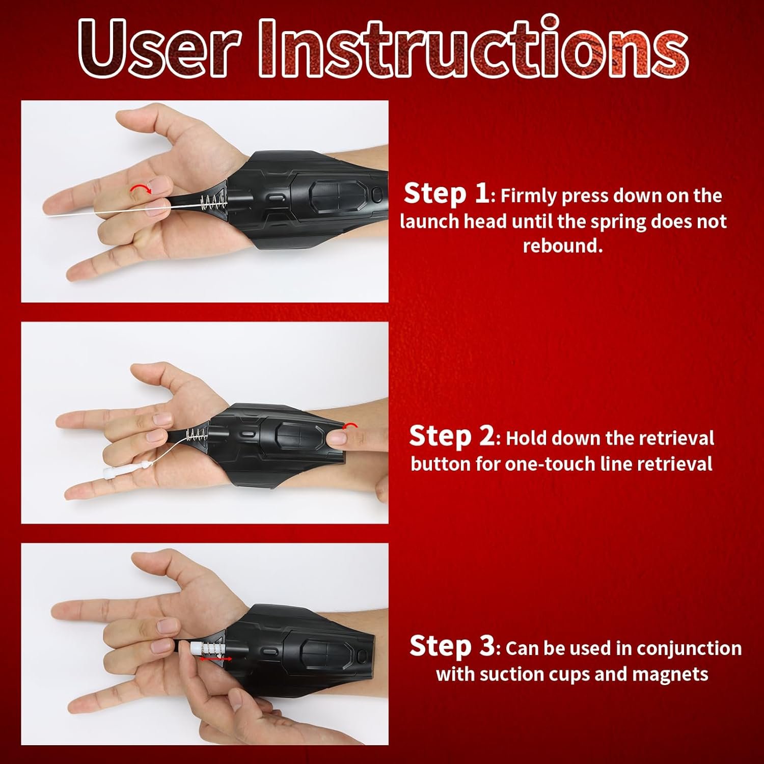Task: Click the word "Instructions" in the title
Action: tap(473, 48)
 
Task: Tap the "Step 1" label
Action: tap(446, 194)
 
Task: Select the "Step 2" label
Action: tap(451, 436)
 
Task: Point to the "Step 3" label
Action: tap(452, 646)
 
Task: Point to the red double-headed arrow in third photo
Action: tap(215, 659)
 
